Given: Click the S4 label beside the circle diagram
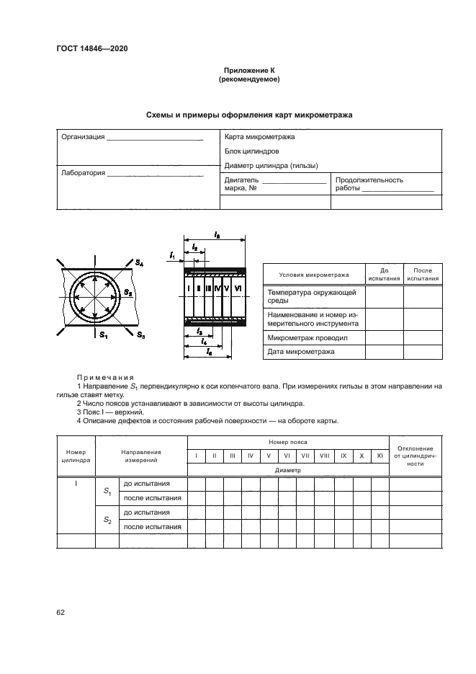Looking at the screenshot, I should [139, 265].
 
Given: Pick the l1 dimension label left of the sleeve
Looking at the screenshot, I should [172, 255].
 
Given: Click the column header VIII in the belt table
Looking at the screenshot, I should [325, 456].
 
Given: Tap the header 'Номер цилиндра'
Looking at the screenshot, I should [76, 456].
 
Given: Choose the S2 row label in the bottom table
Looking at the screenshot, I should [107, 520].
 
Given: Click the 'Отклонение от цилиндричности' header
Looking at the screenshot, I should [415, 456].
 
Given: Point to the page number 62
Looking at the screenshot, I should [60, 612].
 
